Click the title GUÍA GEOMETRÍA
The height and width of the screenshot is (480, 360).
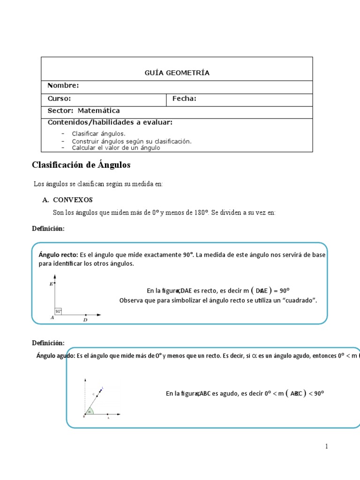point(177,73)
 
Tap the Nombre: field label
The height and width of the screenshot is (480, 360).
point(63,85)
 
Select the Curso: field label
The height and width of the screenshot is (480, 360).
point(60,98)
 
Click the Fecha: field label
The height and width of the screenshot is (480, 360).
point(184,98)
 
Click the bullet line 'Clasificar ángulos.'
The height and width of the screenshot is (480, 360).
point(98,134)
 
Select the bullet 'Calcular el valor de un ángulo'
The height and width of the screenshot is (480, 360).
point(116,148)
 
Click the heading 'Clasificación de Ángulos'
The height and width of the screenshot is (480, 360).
point(81,165)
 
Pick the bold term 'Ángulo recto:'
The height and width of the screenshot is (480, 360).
point(58,255)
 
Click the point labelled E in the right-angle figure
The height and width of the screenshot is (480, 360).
point(55,283)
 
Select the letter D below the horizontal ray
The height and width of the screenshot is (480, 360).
point(85,321)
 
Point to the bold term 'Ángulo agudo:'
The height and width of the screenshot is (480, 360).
point(55,356)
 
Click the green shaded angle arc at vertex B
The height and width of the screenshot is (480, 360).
point(90,411)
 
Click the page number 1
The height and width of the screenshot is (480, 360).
point(326,447)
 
